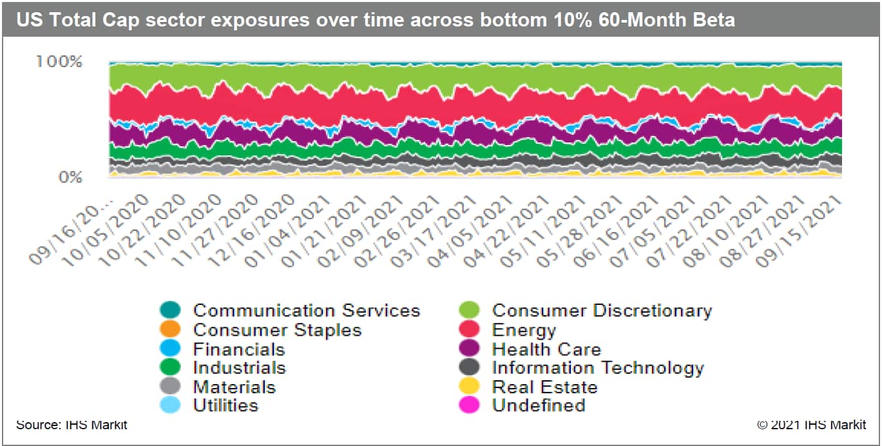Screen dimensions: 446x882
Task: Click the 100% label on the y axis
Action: tap(59, 63)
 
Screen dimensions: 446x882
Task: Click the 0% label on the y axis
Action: tap(67, 176)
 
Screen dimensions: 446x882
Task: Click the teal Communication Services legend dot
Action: tap(169, 311)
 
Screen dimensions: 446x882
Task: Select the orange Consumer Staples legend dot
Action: tap(169, 330)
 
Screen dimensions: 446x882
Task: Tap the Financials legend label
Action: tap(238, 349)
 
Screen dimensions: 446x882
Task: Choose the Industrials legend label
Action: tap(239, 368)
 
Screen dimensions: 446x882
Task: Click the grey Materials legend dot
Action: tap(169, 387)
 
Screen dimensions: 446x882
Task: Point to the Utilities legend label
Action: tap(225, 405)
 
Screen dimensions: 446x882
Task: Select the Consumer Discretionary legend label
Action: tap(602, 311)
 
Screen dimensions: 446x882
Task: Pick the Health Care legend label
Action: tap(546, 349)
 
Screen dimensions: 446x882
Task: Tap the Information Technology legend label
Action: tap(598, 368)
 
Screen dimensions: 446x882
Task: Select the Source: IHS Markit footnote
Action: tap(72, 425)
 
